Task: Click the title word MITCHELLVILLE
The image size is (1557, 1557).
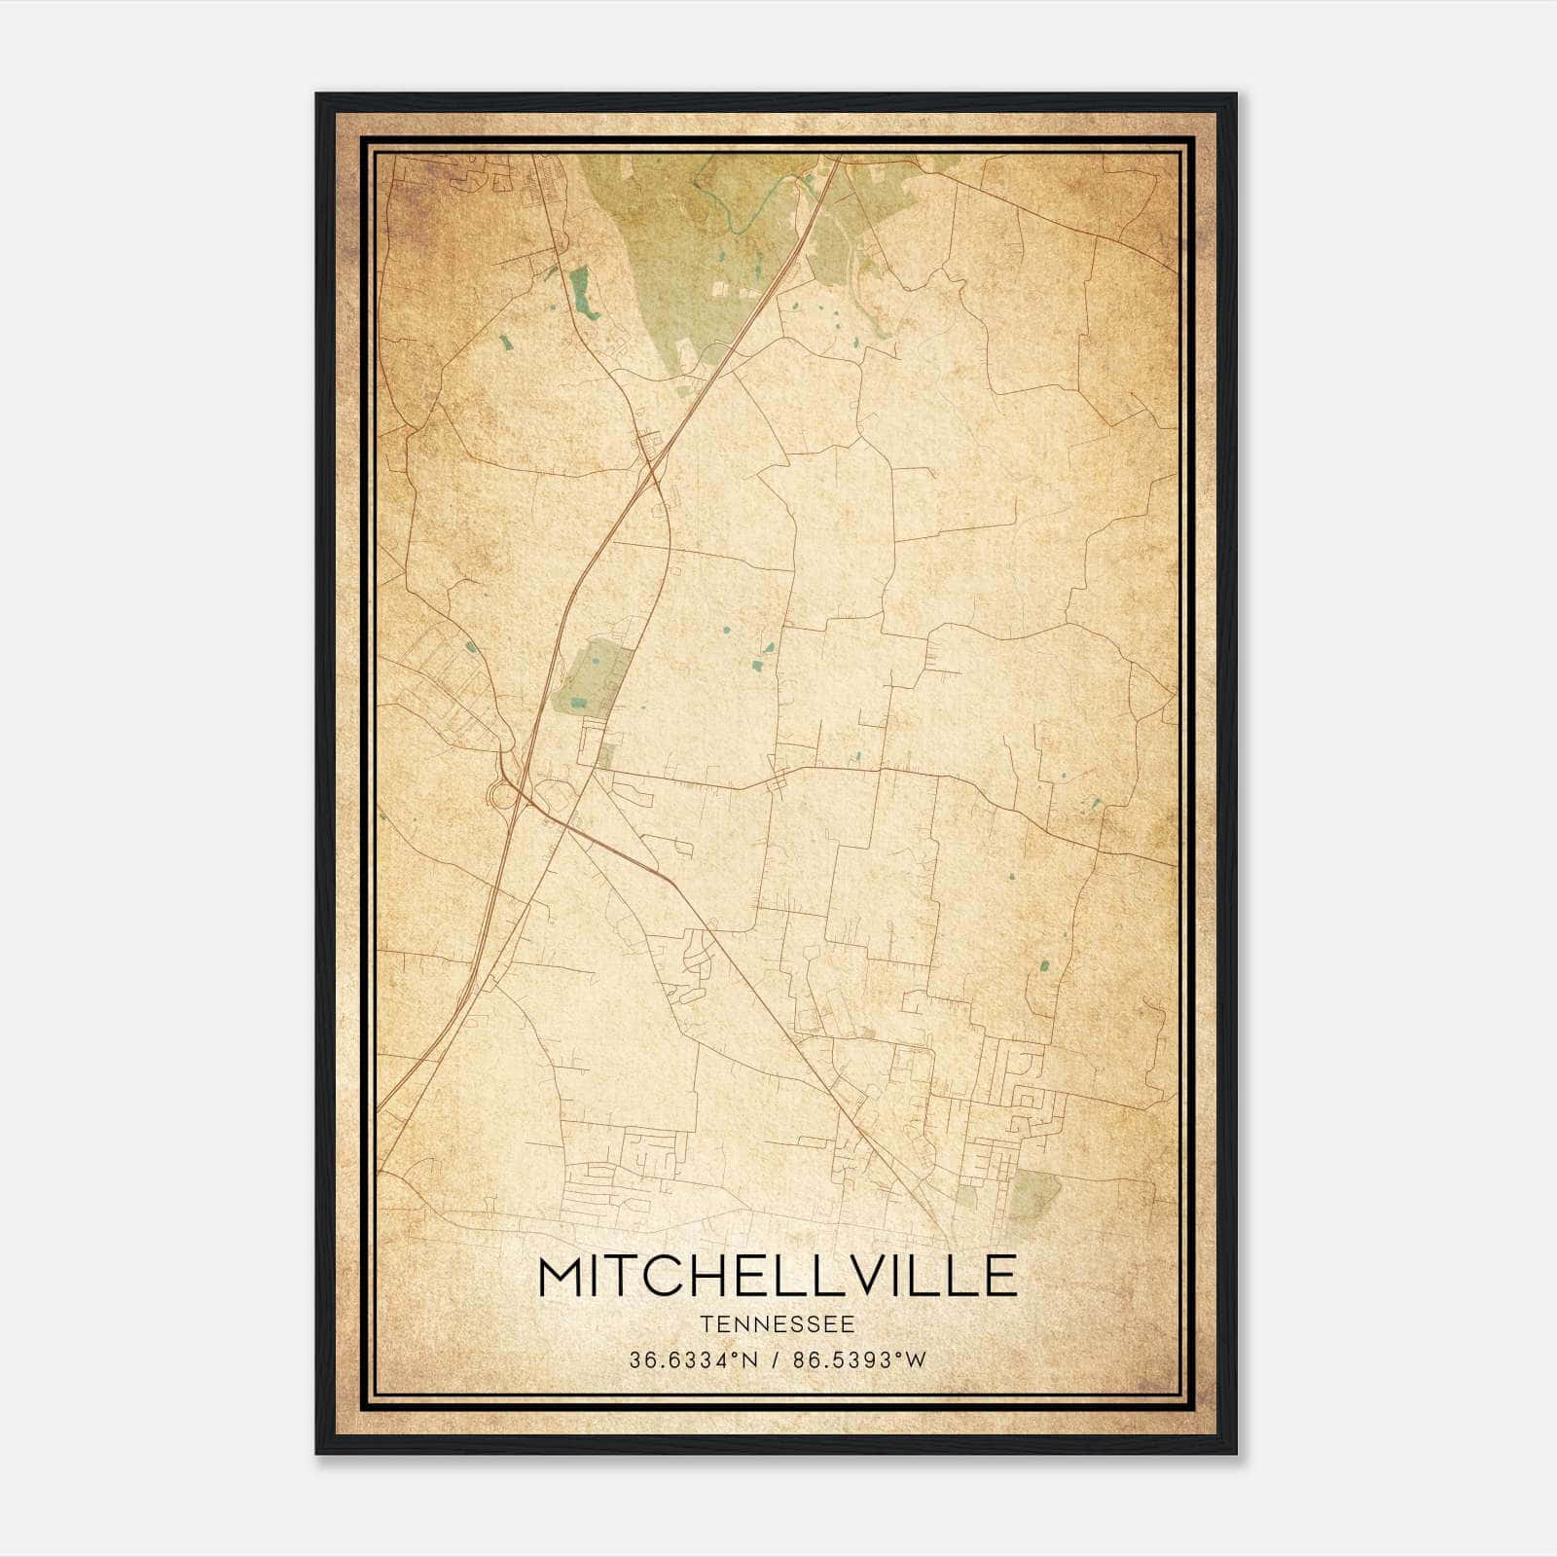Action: tap(777, 1276)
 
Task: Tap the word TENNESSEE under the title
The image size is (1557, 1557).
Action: tap(777, 1324)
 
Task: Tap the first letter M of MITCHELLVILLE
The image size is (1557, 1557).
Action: tap(563, 1276)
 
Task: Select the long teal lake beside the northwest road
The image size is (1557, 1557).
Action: tap(583, 292)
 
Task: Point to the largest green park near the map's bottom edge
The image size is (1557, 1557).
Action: tap(1033, 1195)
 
